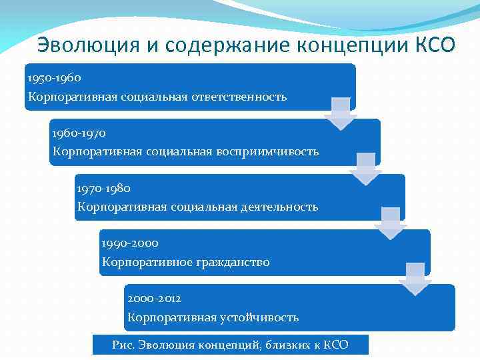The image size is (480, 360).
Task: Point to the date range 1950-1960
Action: [x=55, y=78]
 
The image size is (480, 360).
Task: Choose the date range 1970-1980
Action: [x=104, y=189]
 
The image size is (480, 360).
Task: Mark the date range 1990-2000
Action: [x=130, y=244]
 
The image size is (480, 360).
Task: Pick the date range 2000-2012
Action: [x=154, y=299]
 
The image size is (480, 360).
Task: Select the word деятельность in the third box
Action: [x=278, y=207]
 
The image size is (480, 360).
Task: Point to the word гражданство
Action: [x=233, y=262]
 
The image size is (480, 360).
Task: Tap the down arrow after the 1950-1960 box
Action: [x=341, y=113]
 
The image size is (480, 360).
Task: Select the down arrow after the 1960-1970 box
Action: [x=365, y=168]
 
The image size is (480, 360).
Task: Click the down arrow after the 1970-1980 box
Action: [x=390, y=223]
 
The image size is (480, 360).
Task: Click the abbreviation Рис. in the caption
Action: [x=125, y=345]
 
